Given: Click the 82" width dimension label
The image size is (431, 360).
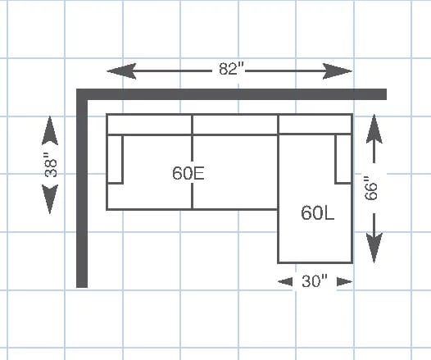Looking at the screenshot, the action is (x=231, y=69).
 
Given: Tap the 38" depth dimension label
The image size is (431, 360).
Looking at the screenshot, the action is (x=51, y=165).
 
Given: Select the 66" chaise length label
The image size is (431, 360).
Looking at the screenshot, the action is (x=371, y=188).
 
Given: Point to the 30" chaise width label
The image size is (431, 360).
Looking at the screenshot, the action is (x=315, y=281).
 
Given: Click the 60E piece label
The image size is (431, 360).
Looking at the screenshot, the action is (x=188, y=173).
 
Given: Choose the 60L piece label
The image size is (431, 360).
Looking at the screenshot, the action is (x=317, y=213).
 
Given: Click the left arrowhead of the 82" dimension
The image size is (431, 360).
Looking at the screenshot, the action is (x=121, y=71).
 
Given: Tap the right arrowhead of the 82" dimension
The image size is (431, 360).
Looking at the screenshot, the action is (x=338, y=71).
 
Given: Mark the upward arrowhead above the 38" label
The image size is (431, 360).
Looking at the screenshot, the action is (x=50, y=130).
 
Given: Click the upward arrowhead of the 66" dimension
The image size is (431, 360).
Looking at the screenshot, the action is (x=374, y=129).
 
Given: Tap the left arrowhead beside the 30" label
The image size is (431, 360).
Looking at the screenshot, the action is (x=285, y=281).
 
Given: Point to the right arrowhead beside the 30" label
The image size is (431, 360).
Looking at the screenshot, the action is (x=345, y=281).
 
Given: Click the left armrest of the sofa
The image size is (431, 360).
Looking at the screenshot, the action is (x=115, y=159).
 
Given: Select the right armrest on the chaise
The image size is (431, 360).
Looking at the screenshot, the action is (x=343, y=159).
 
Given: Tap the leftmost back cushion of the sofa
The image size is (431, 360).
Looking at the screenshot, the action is (x=149, y=125).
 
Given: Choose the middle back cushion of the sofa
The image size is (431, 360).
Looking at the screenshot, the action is (x=235, y=125).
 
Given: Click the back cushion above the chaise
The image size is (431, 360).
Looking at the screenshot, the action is (x=315, y=124).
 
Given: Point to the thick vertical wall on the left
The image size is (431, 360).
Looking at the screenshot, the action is (x=82, y=188).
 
